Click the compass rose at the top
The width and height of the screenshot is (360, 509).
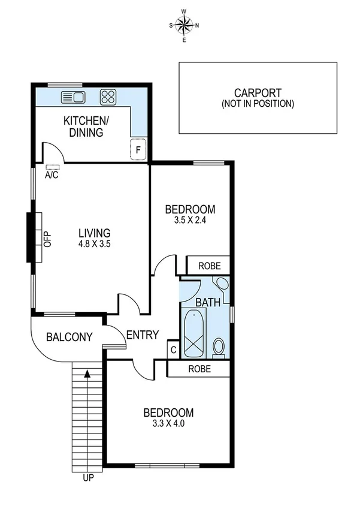(x=184, y=25)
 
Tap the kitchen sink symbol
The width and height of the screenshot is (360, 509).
(x=74, y=97)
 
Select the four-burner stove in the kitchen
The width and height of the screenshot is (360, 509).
(x=108, y=97)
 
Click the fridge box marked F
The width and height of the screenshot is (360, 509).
(x=138, y=150)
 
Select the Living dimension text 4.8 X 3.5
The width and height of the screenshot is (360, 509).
(x=95, y=244)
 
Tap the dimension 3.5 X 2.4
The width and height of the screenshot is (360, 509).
(x=190, y=220)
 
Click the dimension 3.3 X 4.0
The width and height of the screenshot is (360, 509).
(x=168, y=423)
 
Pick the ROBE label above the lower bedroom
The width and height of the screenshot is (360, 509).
(x=199, y=369)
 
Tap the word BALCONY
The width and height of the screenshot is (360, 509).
(x=69, y=338)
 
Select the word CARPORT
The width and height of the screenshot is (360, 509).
(x=258, y=93)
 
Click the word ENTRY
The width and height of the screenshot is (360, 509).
(x=142, y=335)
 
